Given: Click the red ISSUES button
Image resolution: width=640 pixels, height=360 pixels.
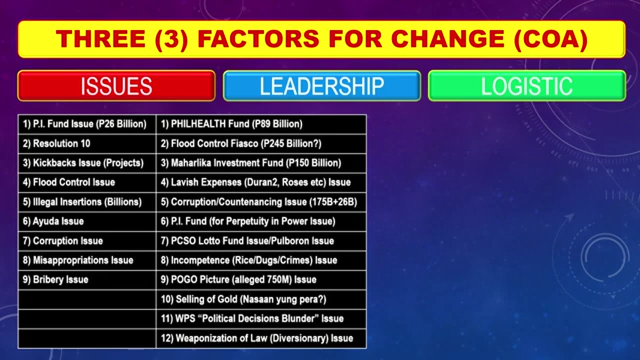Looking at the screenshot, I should [116, 86].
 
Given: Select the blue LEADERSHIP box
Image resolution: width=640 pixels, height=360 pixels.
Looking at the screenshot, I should [321, 86].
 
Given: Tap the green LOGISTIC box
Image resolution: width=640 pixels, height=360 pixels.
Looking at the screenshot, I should [526, 86].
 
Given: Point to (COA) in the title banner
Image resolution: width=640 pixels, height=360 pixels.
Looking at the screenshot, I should [549, 39].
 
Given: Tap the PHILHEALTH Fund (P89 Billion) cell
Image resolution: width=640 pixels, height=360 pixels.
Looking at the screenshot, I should [236, 124].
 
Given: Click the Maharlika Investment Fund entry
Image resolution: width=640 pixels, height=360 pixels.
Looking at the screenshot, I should [255, 163].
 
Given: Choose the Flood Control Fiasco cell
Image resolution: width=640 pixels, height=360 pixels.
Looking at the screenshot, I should [246, 143].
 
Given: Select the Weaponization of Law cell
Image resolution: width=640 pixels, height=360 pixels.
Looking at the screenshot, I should [264, 338].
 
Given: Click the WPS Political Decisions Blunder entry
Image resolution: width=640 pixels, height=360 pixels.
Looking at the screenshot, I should [259, 318].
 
